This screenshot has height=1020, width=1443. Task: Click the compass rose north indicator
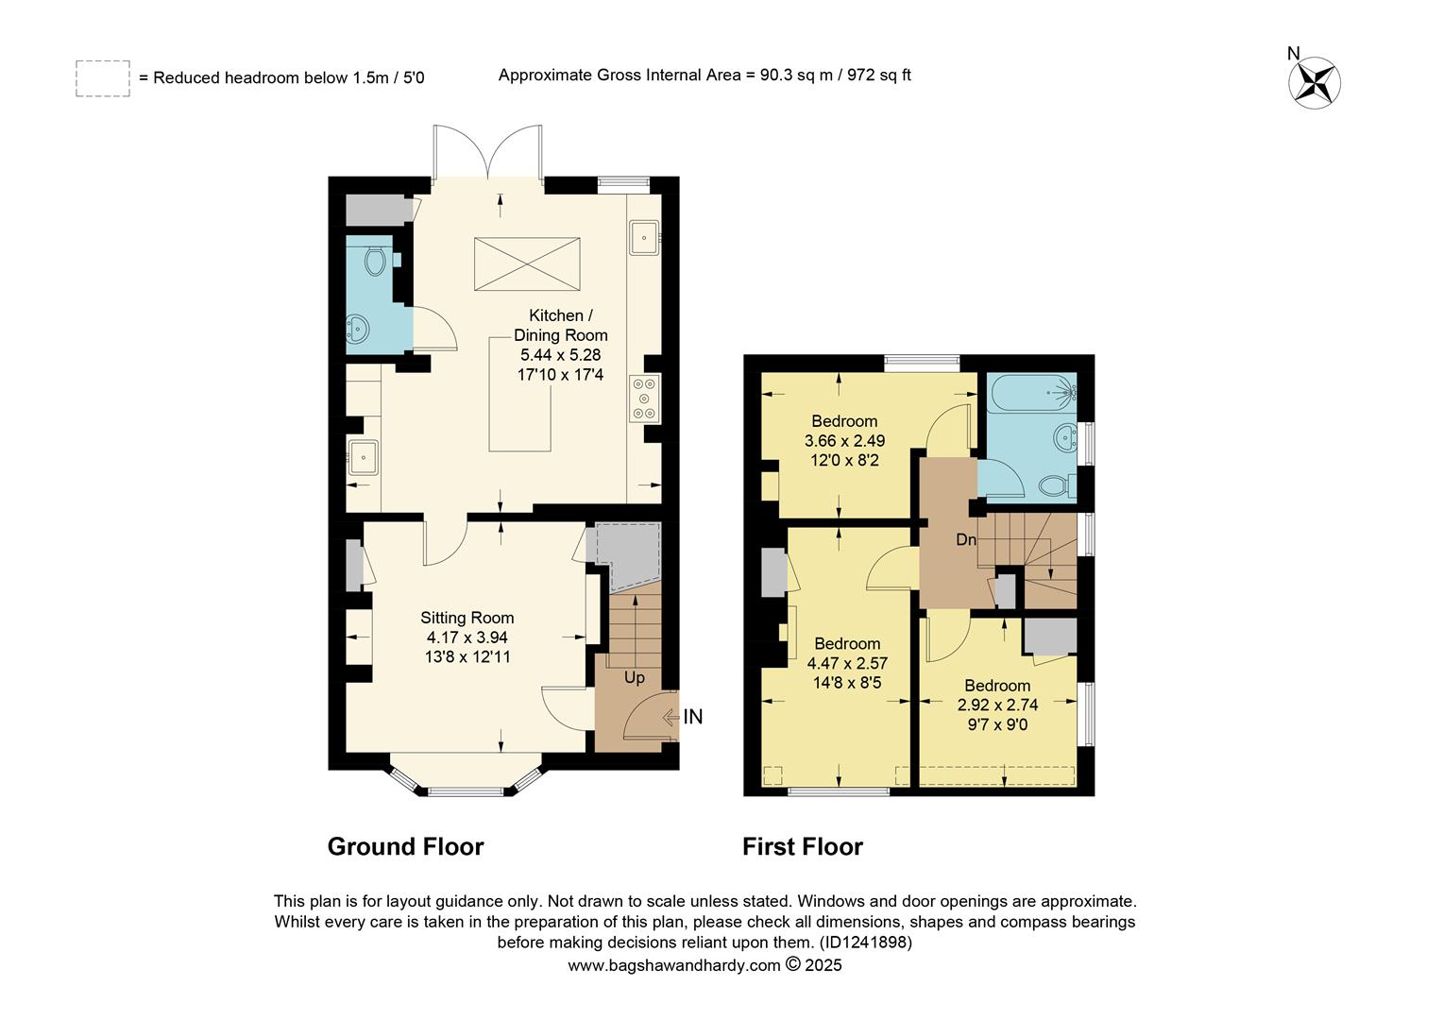[x=1315, y=79]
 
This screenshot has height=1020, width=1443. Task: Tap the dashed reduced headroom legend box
[x=103, y=78]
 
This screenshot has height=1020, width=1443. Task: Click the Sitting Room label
[x=467, y=618]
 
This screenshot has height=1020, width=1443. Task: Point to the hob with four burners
[x=645, y=399]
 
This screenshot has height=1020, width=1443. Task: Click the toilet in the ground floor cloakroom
[x=376, y=260]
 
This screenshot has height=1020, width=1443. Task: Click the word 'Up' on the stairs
[x=635, y=677]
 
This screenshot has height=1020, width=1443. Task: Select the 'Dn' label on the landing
[x=966, y=540]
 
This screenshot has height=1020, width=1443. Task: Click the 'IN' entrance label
[x=692, y=718]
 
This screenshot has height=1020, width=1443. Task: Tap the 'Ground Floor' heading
[x=405, y=846]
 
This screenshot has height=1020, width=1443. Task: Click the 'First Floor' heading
[x=802, y=846]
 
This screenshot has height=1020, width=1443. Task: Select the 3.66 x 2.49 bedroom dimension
[x=844, y=441]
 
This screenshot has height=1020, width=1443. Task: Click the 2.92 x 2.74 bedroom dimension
[x=997, y=705]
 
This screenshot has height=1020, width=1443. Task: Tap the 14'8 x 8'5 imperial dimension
[x=846, y=683]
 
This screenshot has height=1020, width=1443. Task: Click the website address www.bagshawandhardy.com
[x=673, y=965]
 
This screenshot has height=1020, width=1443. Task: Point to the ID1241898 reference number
[x=866, y=943]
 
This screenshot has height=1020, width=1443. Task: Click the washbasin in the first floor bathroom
[x=1066, y=437]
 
